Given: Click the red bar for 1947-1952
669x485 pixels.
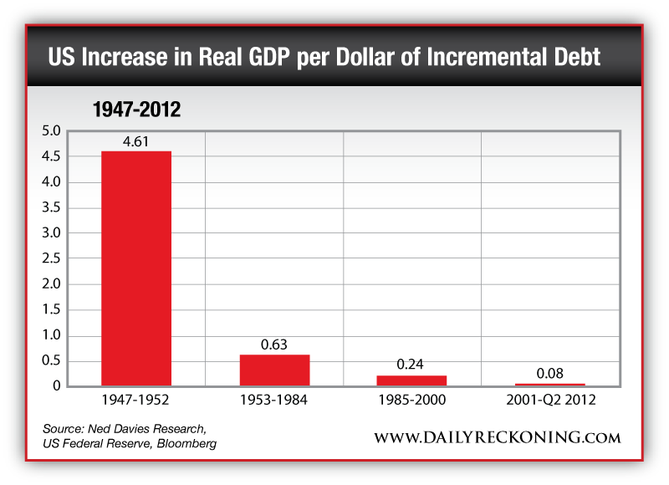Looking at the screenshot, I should [135, 268].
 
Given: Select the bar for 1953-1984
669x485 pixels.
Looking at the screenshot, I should [274, 370].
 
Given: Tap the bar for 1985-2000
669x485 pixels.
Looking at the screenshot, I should [412, 380].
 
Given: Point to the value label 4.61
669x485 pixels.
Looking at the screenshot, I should [135, 141].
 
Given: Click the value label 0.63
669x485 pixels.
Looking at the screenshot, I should [274, 345].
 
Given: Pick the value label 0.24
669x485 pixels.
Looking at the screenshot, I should [412, 365].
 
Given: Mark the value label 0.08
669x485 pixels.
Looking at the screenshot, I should [550, 373].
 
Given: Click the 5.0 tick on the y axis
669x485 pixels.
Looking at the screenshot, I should [51, 131].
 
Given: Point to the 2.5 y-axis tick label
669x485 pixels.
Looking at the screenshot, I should [51, 259].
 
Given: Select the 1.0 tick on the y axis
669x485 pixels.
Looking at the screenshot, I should [51, 336].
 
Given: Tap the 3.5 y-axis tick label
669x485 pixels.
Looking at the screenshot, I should [51, 208].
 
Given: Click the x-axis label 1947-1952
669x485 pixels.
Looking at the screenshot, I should [135, 401].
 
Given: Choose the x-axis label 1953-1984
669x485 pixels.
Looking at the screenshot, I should [274, 401].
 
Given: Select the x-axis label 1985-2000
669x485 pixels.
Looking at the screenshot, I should [412, 401].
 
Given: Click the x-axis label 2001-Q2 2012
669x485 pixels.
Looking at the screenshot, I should [550, 401].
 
